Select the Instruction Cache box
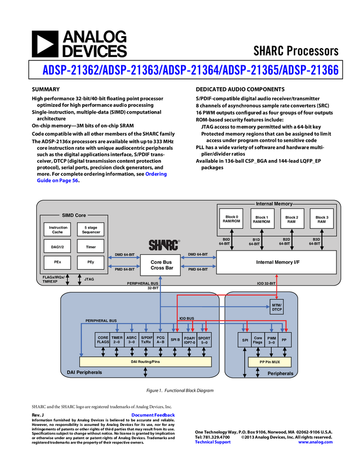pos(58,229)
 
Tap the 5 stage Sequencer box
pos(91,229)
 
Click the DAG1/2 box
pos(58,246)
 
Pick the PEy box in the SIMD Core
pos(91,263)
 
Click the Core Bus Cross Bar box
pos(162,265)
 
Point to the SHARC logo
pos(164,245)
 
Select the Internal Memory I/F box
pos(276,262)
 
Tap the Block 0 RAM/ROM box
pos(232,219)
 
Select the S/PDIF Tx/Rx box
pos(146,339)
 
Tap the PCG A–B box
pos(161,339)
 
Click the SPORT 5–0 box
pos(204,339)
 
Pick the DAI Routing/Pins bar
pos(145,362)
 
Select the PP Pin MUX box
pos(270,362)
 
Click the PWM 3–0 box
pos(271,340)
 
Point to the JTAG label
pos(89,279)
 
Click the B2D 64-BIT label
pos(284,241)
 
